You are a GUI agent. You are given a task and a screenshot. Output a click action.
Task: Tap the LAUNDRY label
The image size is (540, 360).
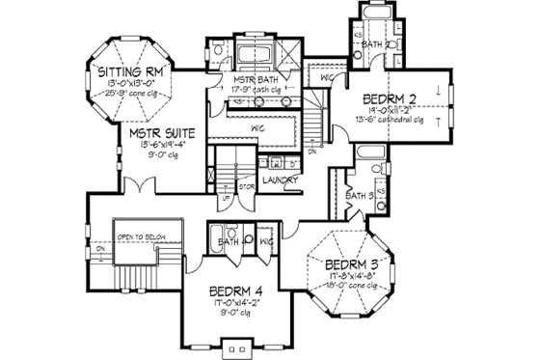click(279, 180)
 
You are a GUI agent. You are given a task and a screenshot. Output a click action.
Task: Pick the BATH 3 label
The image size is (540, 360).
click(358, 196)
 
